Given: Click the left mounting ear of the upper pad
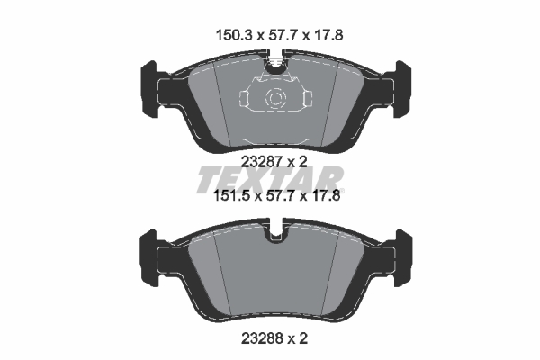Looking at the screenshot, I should tap(149, 85).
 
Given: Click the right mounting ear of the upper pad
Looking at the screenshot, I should tap(400, 85).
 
